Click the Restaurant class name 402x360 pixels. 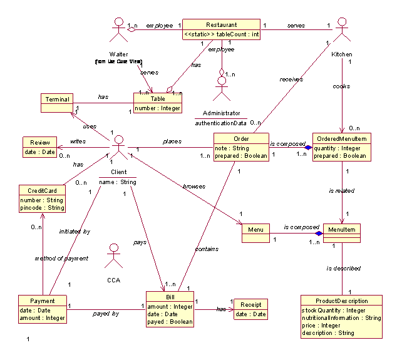[x=221, y=24]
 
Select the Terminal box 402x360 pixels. [x=57, y=99]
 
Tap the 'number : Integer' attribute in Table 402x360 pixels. [x=158, y=108]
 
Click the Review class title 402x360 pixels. [x=39, y=143]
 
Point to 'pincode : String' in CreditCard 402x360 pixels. [x=42, y=207]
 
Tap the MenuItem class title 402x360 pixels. [x=341, y=230]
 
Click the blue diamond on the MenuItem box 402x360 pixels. [x=319, y=233]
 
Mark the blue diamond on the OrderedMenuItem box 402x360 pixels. [x=307, y=147]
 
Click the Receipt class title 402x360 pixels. [x=250, y=305]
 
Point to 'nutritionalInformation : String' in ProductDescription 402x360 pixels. [x=341, y=318]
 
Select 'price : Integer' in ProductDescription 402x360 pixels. [x=322, y=326]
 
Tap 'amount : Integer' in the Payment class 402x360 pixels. [x=42, y=318]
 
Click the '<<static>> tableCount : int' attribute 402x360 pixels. [x=222, y=34]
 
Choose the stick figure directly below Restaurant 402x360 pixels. [x=221, y=87]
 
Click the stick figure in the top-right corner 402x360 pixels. [x=341, y=29]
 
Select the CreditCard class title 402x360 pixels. [x=42, y=190]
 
